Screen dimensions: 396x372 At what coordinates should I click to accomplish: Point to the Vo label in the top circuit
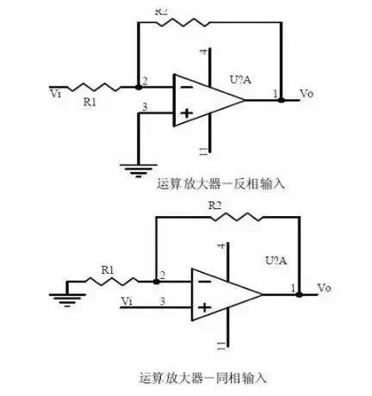(x=305, y=92)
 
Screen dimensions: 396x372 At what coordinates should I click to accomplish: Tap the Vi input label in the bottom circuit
(x=127, y=301)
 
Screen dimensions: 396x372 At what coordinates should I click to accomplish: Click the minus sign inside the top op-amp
(x=185, y=87)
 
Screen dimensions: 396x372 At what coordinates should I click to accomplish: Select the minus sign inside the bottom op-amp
(x=204, y=282)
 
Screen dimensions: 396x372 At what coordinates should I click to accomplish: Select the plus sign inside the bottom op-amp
(x=204, y=306)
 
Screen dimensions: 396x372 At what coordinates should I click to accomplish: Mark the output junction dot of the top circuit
(x=281, y=100)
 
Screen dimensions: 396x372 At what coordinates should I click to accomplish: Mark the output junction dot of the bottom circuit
(x=298, y=294)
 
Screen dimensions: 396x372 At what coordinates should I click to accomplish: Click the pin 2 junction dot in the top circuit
(x=139, y=87)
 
